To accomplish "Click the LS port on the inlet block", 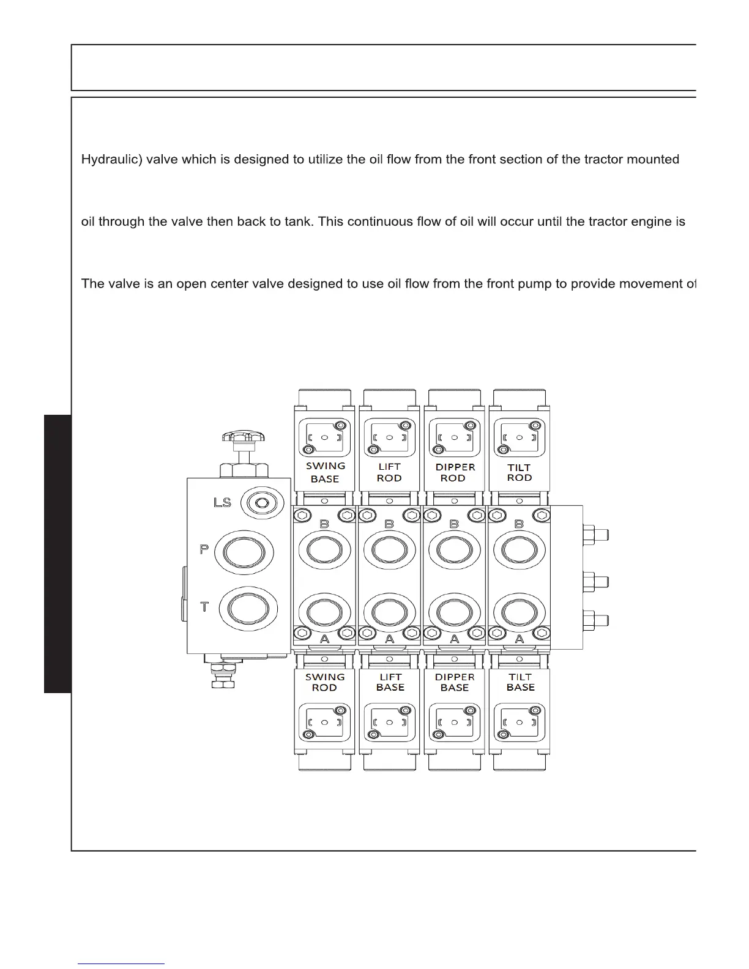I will coord(263,503).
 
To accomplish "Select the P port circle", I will coord(244,552).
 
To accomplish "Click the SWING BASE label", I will coord(325,472).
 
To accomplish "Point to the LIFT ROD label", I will coord(389,472).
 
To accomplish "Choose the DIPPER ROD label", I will coord(455,472).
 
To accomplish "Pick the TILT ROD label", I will coord(520,472).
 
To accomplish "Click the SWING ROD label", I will coord(325,682).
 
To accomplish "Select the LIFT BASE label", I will coord(390,682).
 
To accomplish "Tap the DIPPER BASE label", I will coord(455,682).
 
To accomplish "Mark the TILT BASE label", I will coord(520,682).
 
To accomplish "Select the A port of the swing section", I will coord(324,612).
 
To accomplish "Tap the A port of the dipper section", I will coord(454,612).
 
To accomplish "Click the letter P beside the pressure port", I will coord(204,549).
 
